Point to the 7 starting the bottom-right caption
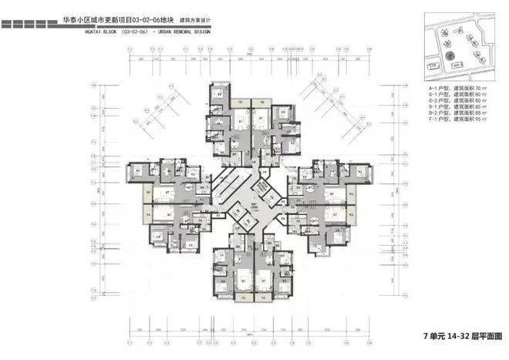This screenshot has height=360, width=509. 425,337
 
